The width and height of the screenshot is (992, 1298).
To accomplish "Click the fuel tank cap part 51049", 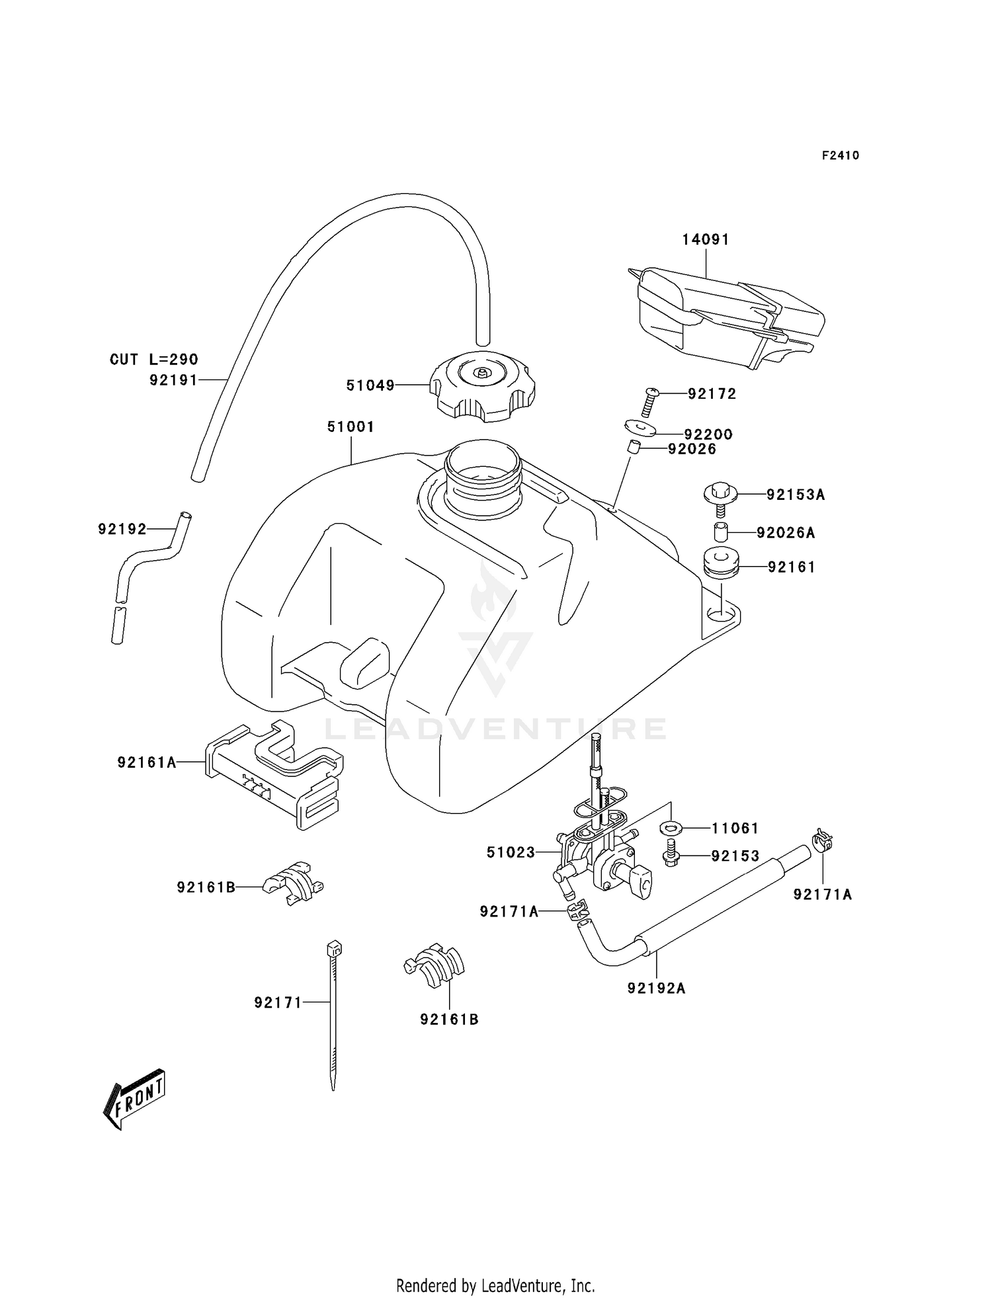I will pyautogui.click(x=483, y=387).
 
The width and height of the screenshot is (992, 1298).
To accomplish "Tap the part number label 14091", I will pyautogui.click(x=706, y=239).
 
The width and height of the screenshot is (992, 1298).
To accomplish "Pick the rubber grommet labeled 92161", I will pyautogui.click(x=720, y=563).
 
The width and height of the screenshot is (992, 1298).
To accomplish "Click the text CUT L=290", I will pyautogui.click(x=153, y=360).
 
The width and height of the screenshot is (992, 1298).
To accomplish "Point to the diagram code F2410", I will pyautogui.click(x=840, y=156).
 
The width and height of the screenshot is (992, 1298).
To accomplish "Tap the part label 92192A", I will pyautogui.click(x=656, y=989).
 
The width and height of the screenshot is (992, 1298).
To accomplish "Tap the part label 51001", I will pyautogui.click(x=351, y=427).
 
